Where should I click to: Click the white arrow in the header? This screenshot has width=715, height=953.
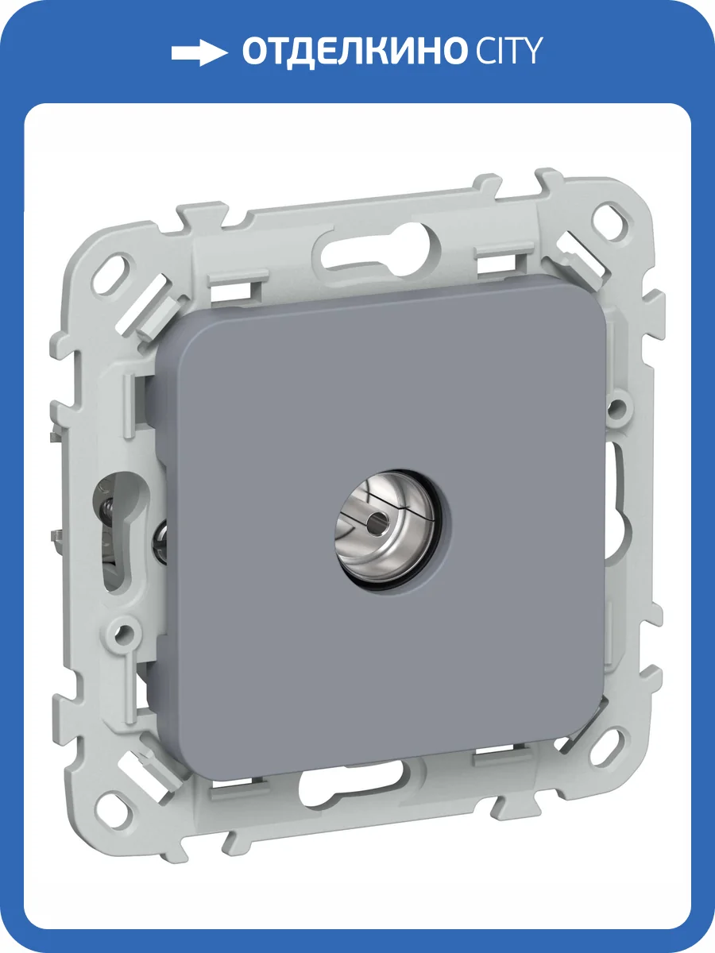pyautogui.click(x=199, y=52)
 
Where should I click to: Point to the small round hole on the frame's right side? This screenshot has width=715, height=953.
pyautogui.click(x=615, y=407)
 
